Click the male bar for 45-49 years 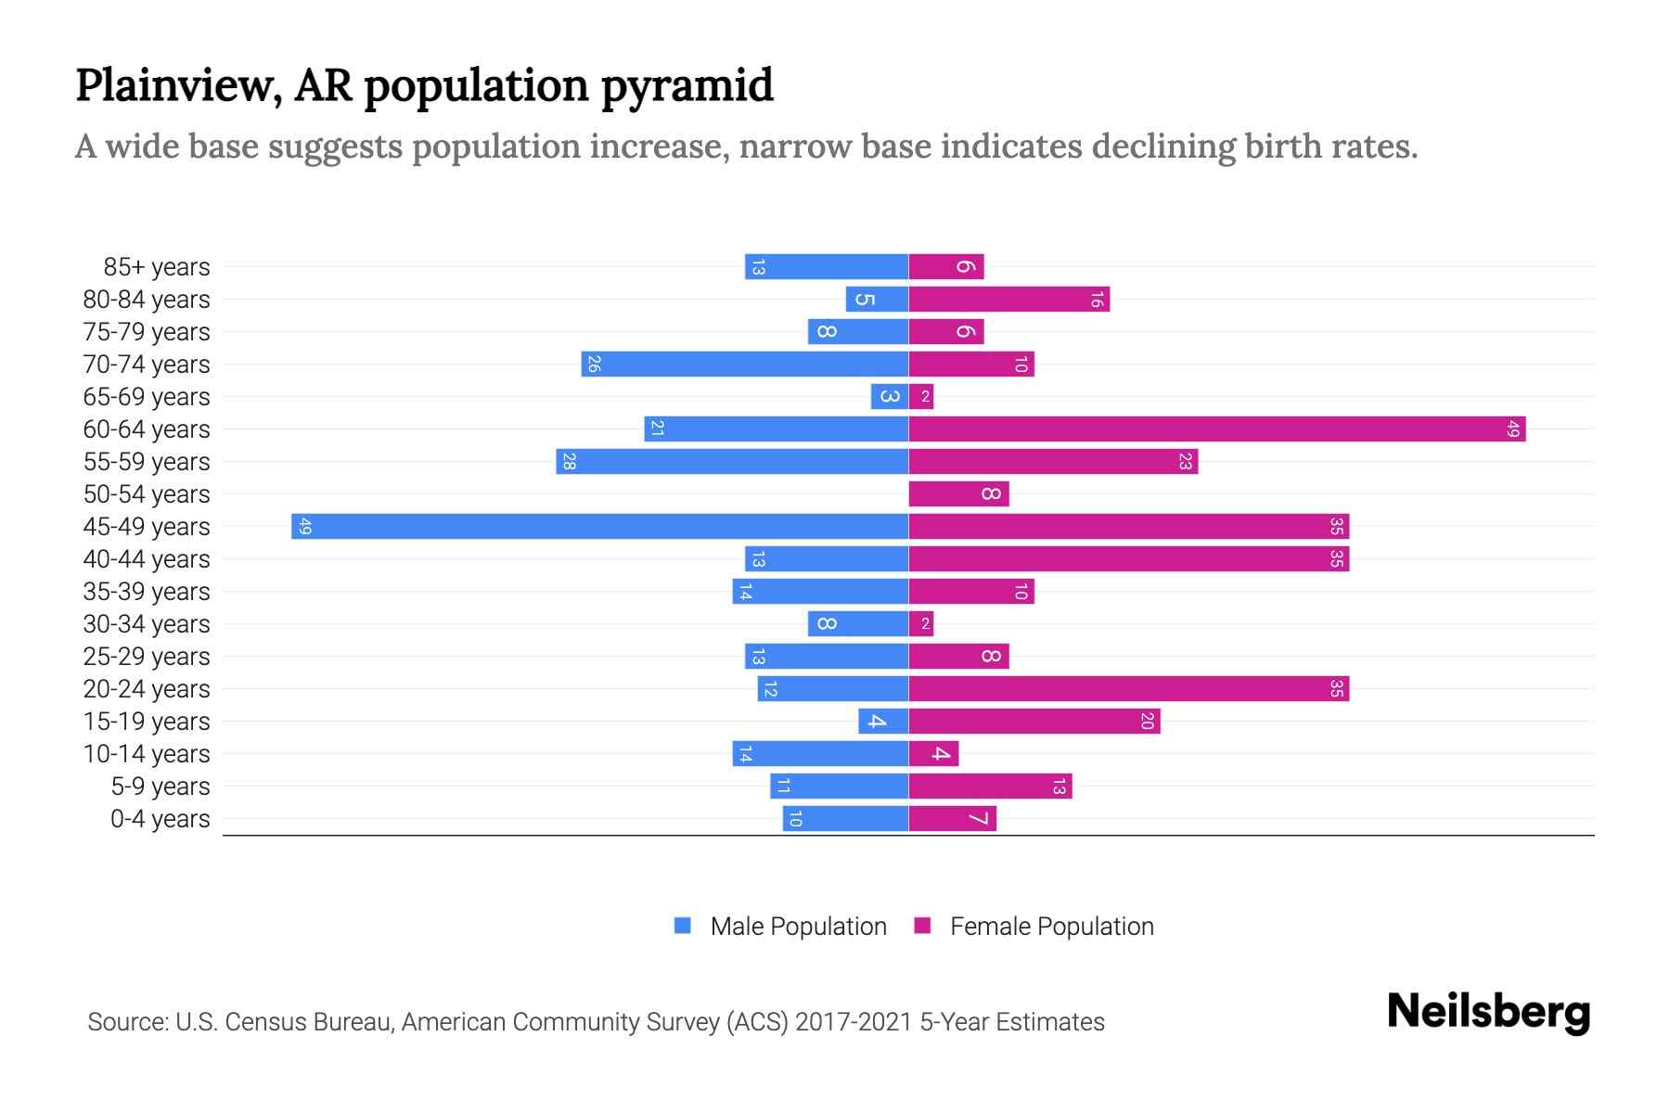pos(599,526)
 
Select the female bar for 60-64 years pos(1216,429)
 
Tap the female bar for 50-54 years pos(957,493)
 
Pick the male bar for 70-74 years pos(744,364)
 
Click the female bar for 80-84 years pos(1008,299)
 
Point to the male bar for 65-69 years pos(889,396)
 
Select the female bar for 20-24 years pos(1128,688)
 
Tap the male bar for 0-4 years pos(844,818)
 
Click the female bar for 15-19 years pos(1034,721)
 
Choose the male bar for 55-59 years pos(731,461)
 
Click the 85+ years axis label pos(157,267)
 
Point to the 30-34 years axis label pos(147,624)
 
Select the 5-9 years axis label pos(161,787)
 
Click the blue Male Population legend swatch pos(683,926)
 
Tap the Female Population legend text pos(1051,926)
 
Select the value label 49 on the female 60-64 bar pos(1512,429)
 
